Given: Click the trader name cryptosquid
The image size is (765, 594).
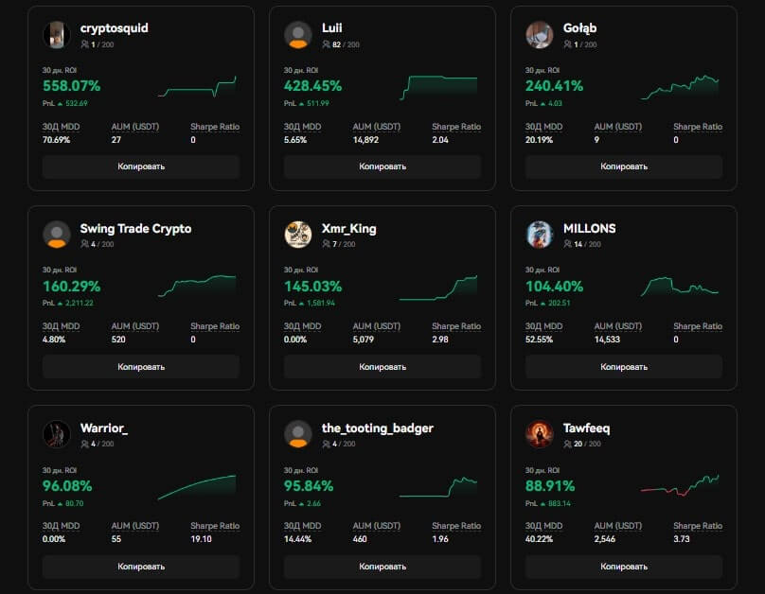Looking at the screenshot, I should coord(114,28).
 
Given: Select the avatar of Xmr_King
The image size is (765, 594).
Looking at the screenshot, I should coord(298,235).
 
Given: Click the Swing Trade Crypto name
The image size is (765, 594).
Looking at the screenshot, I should coord(135,229).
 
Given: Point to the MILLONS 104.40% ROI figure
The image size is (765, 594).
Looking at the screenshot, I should coord(554,287).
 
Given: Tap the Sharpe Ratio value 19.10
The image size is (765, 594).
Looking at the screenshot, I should coord(201,539).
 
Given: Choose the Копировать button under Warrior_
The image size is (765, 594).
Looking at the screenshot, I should coord(141,567).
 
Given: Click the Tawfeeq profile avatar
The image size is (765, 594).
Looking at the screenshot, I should coord(540,434).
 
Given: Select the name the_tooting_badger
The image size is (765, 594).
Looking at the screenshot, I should coord(377,428).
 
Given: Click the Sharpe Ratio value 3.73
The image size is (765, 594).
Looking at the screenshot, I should coord(682,539).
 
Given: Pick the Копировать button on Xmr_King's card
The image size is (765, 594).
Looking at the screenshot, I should coord(382,367).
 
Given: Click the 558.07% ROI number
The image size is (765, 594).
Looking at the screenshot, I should coord(71,86).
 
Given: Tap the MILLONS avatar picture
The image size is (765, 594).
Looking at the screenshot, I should coord(540,235).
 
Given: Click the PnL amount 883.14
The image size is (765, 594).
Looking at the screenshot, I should coord(561,503).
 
